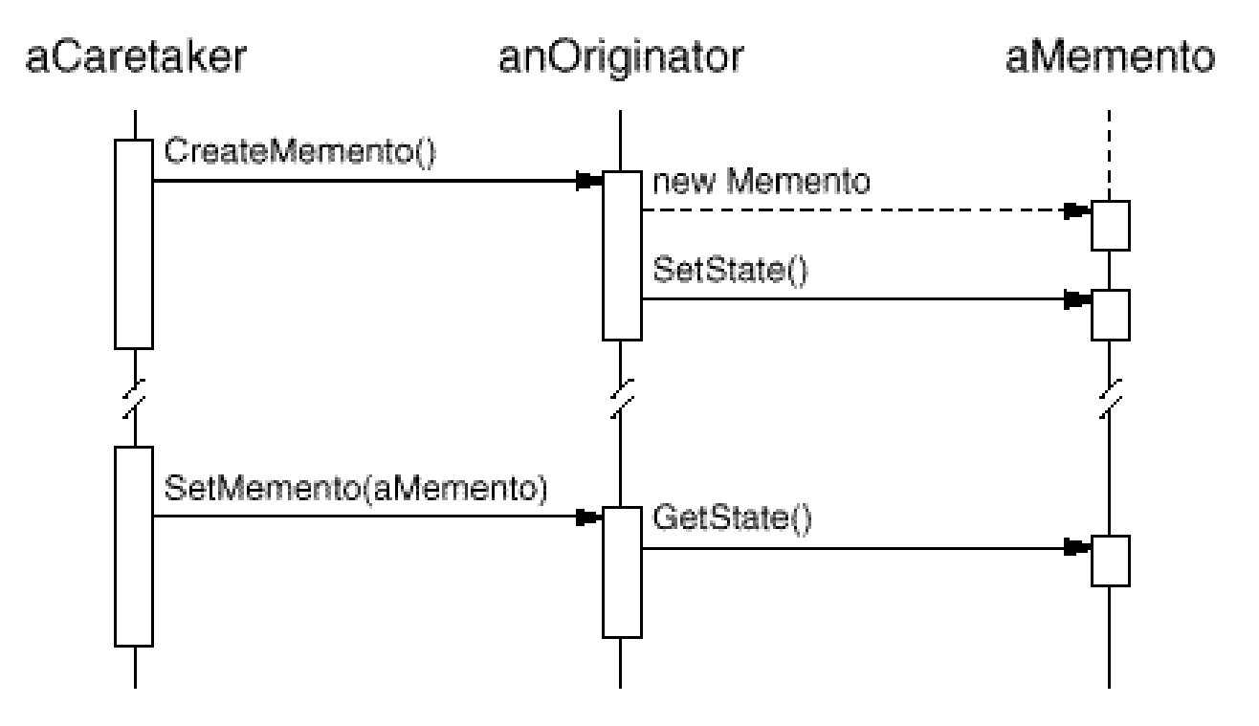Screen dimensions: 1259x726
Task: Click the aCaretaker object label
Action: pos(136,57)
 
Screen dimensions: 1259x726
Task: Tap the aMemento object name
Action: pos(1110,57)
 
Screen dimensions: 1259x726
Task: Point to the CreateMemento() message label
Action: pos(299,152)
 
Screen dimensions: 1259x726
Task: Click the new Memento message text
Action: pos(762,181)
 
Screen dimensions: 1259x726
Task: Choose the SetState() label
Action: pos(730,271)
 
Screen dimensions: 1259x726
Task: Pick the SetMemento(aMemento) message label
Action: pos(355,489)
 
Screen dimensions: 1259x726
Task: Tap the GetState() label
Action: pos(732,518)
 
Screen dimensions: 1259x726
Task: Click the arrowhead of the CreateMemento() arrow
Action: pos(589,181)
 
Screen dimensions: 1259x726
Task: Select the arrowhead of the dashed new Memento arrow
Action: pos(1077,210)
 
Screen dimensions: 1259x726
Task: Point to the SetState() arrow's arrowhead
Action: pos(1077,299)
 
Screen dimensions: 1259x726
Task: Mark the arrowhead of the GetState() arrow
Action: pos(1077,547)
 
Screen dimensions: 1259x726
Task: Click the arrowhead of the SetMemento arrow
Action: pos(589,517)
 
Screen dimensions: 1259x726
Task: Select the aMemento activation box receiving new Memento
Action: pos(1111,226)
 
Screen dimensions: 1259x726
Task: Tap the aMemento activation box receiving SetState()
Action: pos(1111,316)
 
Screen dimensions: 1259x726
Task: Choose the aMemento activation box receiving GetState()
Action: pos(1111,561)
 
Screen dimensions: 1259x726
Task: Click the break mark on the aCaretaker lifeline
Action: pos(134,399)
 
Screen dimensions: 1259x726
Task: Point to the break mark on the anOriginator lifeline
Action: pos(622,399)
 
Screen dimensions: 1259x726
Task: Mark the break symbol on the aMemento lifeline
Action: pos(1111,399)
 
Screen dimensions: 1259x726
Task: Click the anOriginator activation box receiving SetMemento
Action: pos(622,572)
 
